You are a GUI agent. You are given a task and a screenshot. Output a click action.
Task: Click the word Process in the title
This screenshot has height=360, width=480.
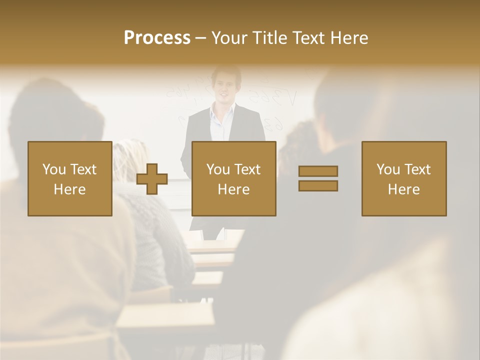point(157,38)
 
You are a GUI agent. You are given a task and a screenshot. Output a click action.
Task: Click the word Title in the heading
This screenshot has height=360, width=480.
point(268,38)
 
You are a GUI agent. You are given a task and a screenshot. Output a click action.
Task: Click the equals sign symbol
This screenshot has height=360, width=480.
point(318,178)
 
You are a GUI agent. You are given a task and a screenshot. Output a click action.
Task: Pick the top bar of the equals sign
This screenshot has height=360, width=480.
point(318,171)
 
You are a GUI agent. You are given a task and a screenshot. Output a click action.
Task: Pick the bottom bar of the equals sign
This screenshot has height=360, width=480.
point(318,186)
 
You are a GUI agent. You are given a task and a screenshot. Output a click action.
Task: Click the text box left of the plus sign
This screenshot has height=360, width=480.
point(69,178)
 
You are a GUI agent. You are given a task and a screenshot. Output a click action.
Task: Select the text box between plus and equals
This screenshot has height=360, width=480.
point(233,178)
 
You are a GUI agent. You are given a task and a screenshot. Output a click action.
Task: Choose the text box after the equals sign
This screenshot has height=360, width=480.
point(403,178)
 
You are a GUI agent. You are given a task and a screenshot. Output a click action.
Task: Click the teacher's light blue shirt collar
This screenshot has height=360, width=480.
point(220,112)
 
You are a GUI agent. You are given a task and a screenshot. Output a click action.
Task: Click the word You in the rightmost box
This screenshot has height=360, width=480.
point(388,169)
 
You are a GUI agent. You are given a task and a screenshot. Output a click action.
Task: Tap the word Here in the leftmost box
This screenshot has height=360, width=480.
point(69,189)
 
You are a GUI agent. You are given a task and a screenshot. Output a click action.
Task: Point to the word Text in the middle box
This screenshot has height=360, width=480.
point(248,169)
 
